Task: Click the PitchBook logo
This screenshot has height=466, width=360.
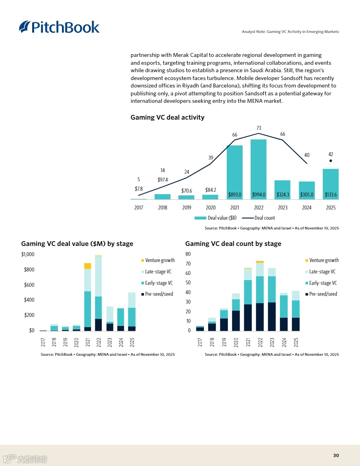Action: click(59, 27)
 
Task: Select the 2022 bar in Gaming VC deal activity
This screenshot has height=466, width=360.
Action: click(258, 169)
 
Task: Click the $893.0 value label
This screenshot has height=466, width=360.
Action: click(235, 195)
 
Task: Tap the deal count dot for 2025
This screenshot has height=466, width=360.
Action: click(331, 160)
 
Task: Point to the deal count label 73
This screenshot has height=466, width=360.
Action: click(258, 128)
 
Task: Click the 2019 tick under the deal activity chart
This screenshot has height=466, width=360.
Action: click(187, 208)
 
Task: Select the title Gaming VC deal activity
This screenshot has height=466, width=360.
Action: click(167, 117)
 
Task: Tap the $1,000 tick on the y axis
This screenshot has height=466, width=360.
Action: click(28, 254)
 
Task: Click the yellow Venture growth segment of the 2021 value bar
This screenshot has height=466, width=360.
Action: click(87, 266)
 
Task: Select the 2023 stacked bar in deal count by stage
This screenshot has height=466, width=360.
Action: click(272, 299)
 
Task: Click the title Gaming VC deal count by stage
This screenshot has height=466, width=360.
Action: click(233, 244)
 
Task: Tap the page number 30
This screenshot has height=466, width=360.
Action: click(336, 455)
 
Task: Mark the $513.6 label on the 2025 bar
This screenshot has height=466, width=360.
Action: click(331, 195)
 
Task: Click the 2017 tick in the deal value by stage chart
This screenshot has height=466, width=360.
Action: click(43, 342)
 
